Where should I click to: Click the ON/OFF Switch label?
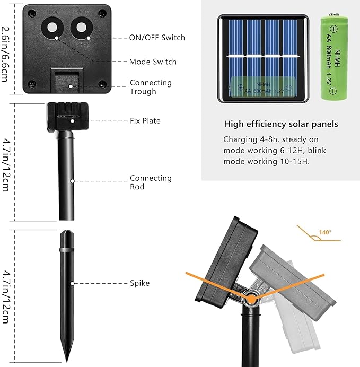[x=157, y=38]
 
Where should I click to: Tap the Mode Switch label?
[x=153, y=62]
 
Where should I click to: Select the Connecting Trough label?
[x=151, y=87]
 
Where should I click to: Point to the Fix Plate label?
[x=145, y=121]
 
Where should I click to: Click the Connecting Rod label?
[x=151, y=182]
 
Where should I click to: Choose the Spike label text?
[x=140, y=283]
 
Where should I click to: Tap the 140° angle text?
[x=324, y=232]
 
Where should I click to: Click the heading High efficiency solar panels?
[x=280, y=124]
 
